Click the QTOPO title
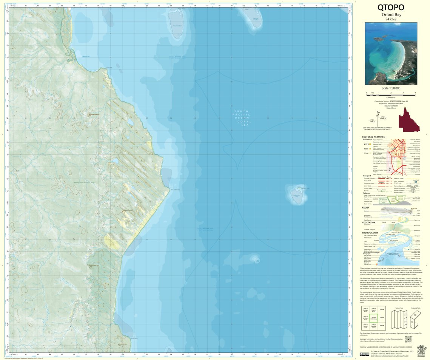[391, 8]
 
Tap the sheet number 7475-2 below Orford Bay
[391, 19]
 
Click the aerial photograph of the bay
[391, 53]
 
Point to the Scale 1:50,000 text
[391, 88]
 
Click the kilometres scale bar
[391, 93]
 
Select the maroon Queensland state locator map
[409, 119]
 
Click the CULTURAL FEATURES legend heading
[373, 137]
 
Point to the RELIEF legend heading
[365, 207]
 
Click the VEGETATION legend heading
[369, 222]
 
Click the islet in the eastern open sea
[297, 194]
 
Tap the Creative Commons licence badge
[364, 354]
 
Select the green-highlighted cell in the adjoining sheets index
[374, 317]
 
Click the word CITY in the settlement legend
[366, 144]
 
